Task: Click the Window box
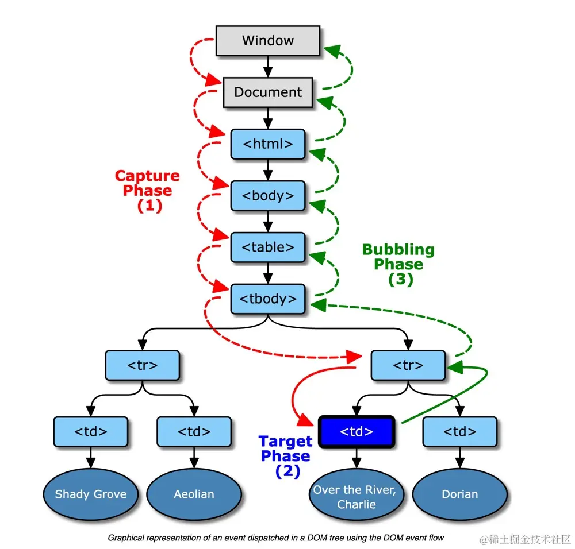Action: tap(267, 41)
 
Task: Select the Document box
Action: tap(267, 92)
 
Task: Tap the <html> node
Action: tap(267, 144)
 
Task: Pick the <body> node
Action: tap(267, 195)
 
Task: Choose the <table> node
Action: tap(267, 247)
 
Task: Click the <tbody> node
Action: tap(267, 299)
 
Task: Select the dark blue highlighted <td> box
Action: tap(356, 432)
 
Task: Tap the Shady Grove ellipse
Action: tap(90, 494)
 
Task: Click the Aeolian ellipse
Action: tap(194, 494)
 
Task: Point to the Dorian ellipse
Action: tap(459, 494)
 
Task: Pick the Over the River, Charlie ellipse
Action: tap(356, 497)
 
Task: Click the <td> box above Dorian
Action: tap(459, 432)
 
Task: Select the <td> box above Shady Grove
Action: tap(90, 432)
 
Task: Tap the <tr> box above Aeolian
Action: tap(142, 365)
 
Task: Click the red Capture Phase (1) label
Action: tap(147, 191)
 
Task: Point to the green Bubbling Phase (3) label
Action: tap(398, 264)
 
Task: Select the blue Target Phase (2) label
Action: tap(285, 456)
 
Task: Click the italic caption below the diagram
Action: tap(276, 538)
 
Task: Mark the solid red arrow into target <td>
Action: tap(296, 396)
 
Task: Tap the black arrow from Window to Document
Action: tap(267, 66)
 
